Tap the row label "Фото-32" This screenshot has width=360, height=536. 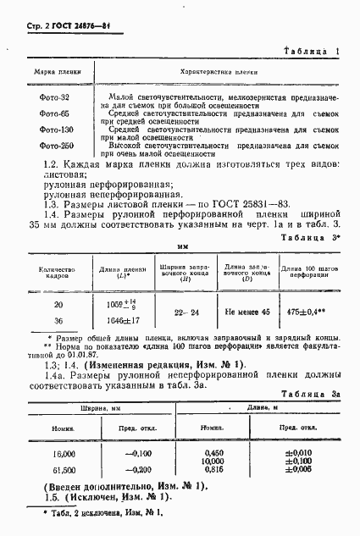click(53, 98)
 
